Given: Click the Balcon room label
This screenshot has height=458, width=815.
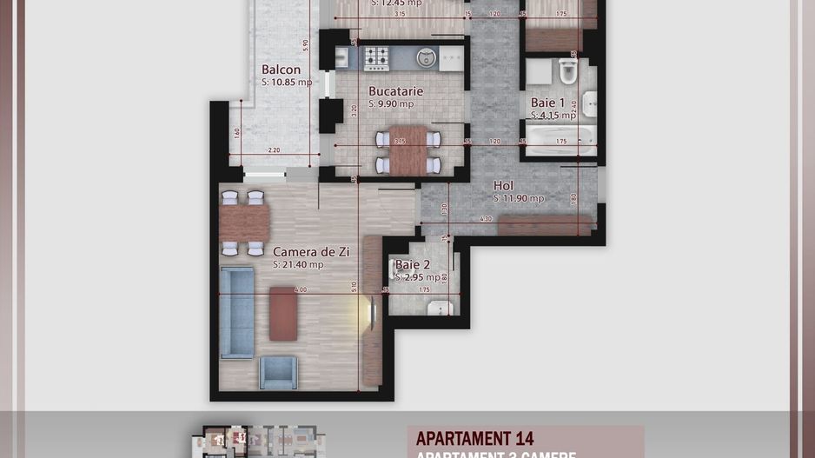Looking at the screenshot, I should [x=281, y=70].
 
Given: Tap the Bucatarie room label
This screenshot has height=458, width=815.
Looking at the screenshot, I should [x=395, y=90].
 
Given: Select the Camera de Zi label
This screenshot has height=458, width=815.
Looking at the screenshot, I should [x=311, y=251].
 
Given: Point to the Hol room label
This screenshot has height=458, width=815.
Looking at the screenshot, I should [x=503, y=185].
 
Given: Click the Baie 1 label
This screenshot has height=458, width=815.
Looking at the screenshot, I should [x=548, y=103].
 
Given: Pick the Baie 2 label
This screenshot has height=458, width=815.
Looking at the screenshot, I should [x=413, y=265].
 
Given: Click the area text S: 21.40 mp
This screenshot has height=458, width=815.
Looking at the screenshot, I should [x=298, y=264].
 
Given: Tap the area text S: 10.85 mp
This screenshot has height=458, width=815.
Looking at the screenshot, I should [x=286, y=83].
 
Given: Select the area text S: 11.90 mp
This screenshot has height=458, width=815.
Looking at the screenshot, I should [x=519, y=198].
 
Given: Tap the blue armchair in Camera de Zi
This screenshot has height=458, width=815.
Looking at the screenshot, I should [x=279, y=372].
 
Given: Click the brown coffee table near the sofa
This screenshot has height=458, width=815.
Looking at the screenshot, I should [x=283, y=313].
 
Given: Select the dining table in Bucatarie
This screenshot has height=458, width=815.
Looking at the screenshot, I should [x=408, y=150].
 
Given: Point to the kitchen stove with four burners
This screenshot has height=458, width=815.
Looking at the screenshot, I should [x=376, y=57].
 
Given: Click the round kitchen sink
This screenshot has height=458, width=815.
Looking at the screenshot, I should [x=426, y=57].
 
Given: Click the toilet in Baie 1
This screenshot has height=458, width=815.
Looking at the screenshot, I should [x=568, y=71].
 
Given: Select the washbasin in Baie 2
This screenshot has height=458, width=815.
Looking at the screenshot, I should [x=441, y=308].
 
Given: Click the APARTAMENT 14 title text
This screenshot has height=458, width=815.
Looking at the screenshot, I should [x=474, y=439].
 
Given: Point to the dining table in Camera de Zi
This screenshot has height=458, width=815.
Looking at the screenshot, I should [x=243, y=223].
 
